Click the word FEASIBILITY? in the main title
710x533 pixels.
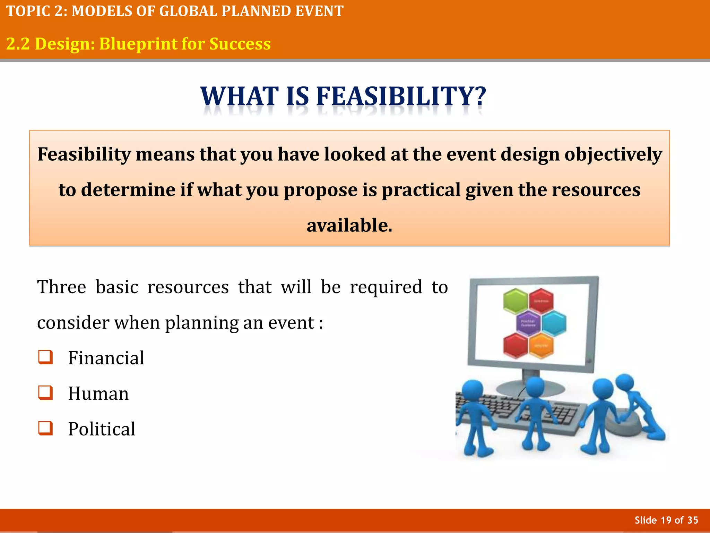point(401,96)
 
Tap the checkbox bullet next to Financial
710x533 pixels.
point(45,357)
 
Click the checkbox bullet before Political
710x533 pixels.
point(45,428)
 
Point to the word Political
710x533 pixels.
point(102,429)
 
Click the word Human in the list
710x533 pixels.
point(98,394)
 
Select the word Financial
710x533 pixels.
point(106,358)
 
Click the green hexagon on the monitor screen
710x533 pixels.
point(516,300)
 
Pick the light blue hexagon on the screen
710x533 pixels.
point(554,323)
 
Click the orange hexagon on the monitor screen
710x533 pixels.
point(541,346)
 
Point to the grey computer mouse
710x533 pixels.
point(624,423)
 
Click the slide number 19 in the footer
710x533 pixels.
point(666,520)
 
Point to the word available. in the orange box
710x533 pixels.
point(349,225)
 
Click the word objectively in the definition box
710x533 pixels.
point(613,154)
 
